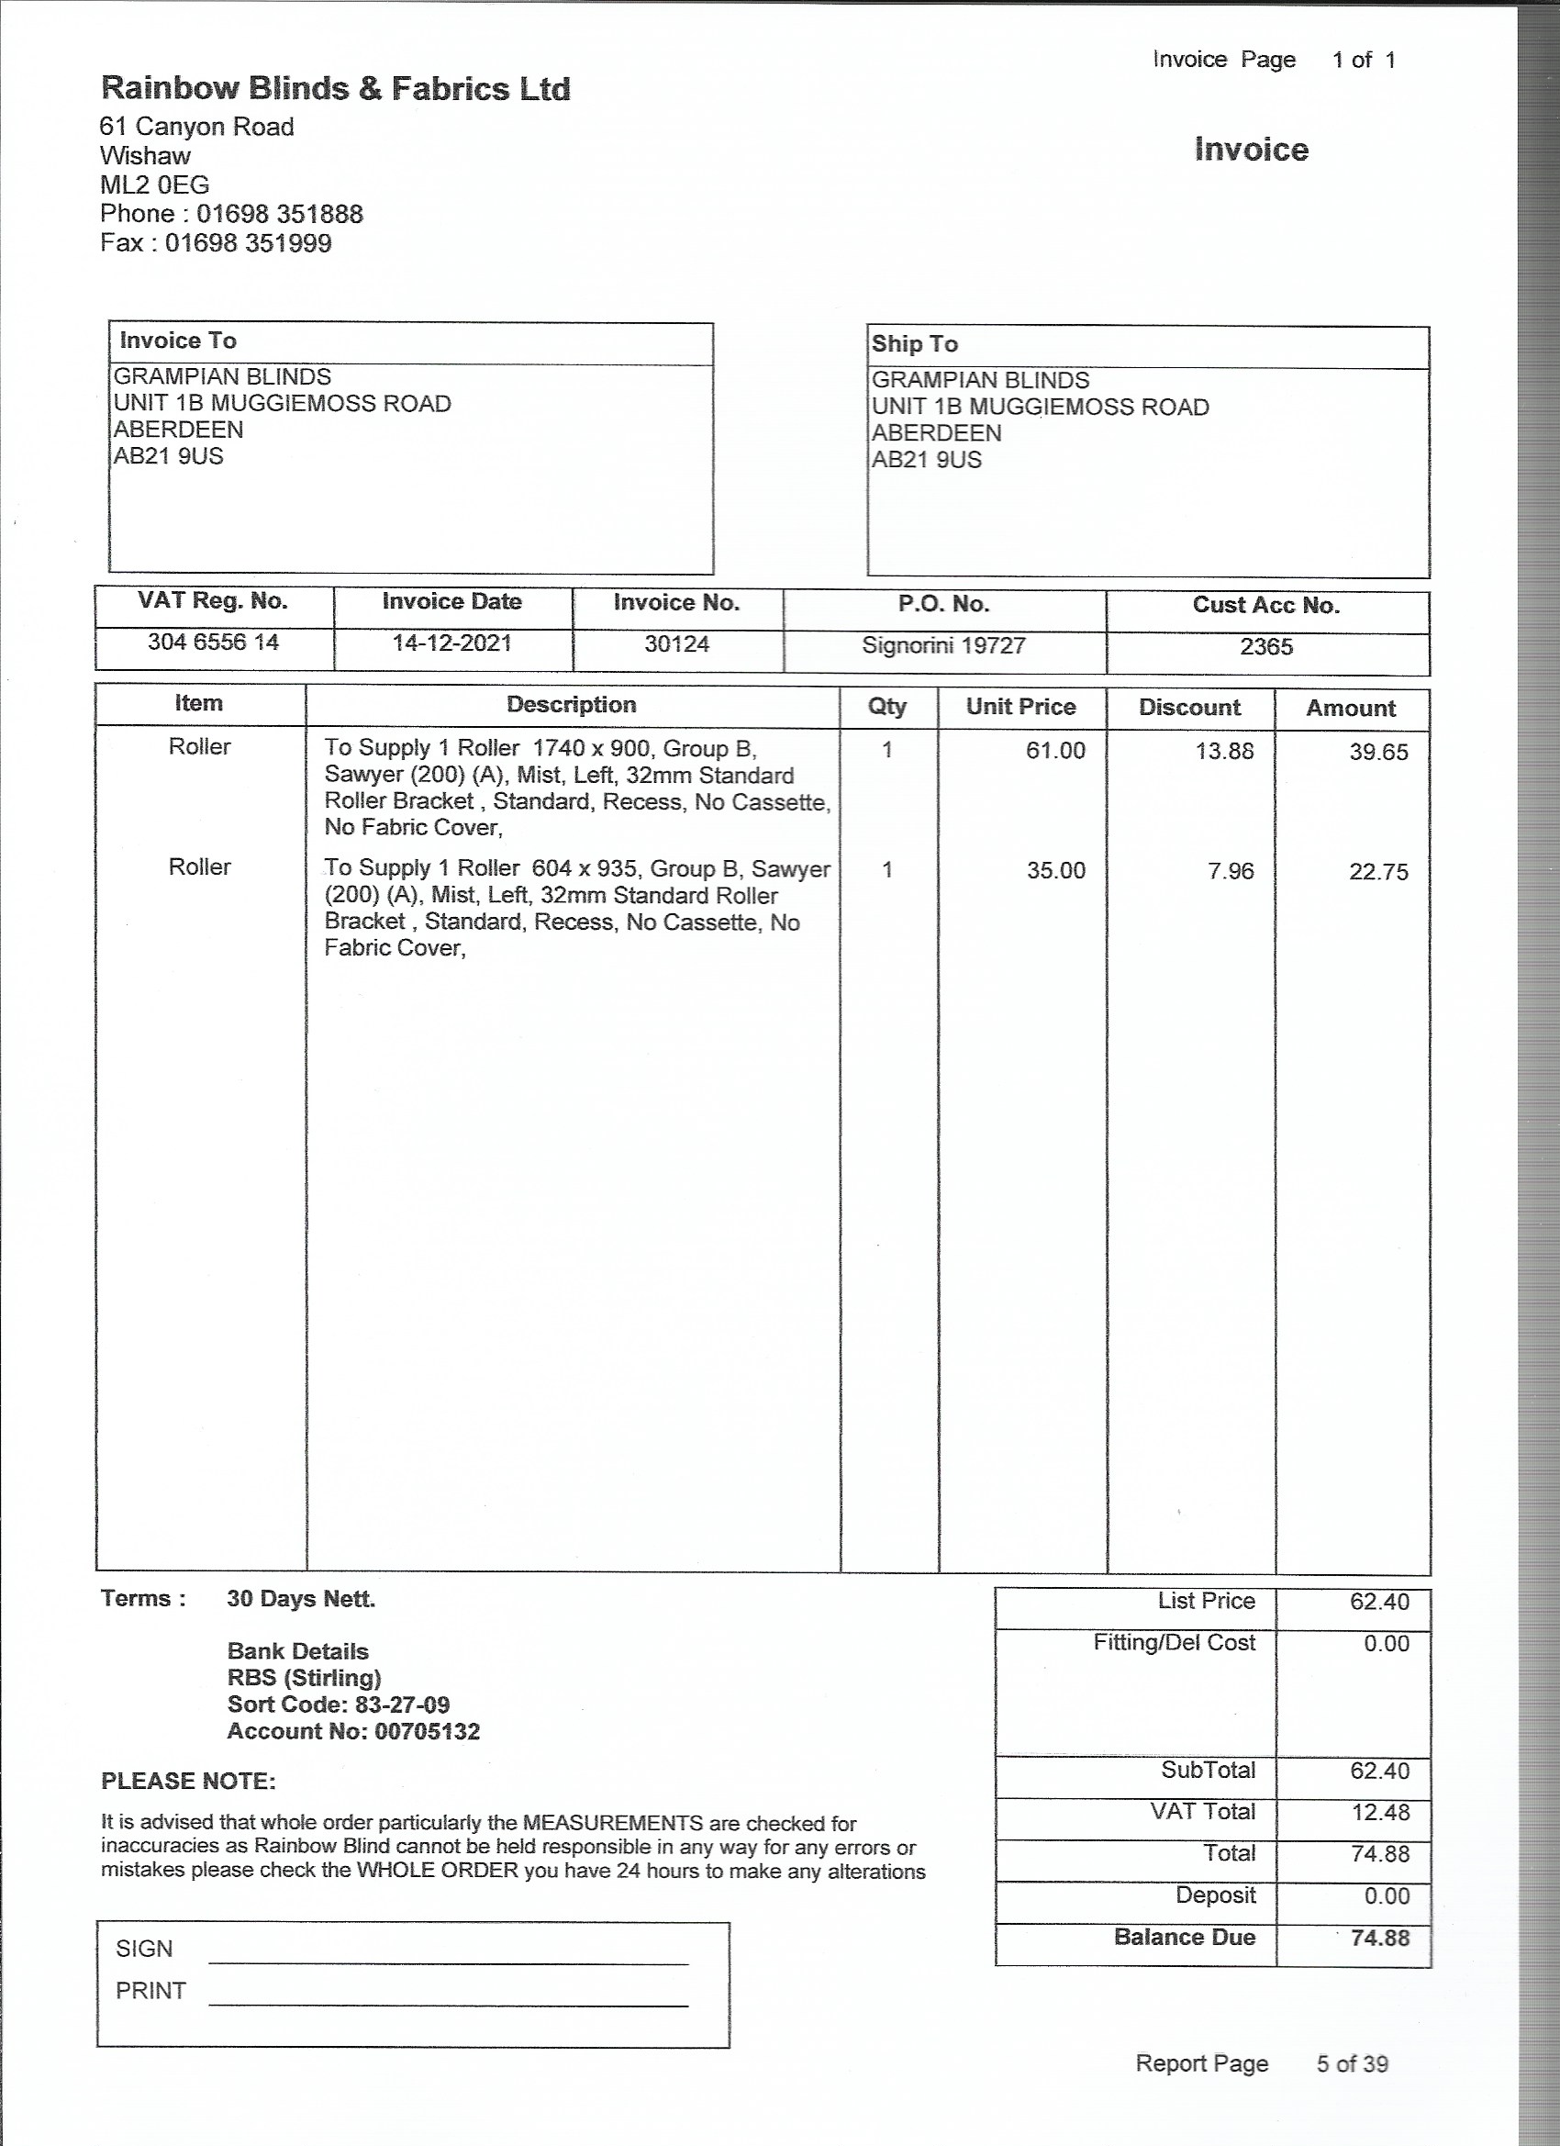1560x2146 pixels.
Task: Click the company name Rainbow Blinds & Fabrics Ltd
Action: (x=335, y=89)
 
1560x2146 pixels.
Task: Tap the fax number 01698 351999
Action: (x=248, y=243)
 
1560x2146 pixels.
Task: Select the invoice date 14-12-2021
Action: (x=451, y=643)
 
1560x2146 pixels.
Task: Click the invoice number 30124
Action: (x=676, y=644)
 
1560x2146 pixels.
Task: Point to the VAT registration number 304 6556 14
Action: (x=213, y=643)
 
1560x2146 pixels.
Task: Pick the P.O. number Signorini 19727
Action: (x=943, y=645)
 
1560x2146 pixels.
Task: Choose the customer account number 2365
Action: (x=1265, y=647)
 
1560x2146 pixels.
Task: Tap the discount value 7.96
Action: (x=1230, y=870)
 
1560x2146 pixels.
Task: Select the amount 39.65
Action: (x=1378, y=753)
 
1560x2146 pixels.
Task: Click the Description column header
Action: (x=572, y=705)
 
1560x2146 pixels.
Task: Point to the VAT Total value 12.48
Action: (x=1379, y=1812)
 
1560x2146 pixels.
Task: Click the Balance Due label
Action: (x=1184, y=1937)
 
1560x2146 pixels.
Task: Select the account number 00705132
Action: (x=427, y=1731)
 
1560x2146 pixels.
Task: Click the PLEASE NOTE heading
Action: (x=188, y=1781)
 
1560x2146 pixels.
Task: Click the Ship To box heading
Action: (x=914, y=344)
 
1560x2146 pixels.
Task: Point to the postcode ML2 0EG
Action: (x=154, y=185)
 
